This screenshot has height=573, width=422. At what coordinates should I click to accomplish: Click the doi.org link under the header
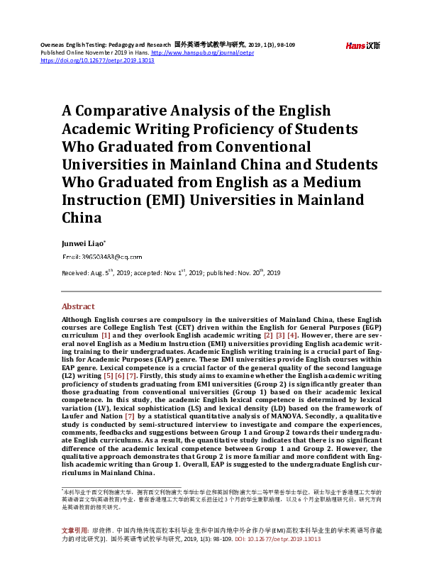coord(97,60)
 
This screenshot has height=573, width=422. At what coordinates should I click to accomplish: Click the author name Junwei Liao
coord(84,243)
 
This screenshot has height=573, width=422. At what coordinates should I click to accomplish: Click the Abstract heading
coord(78,306)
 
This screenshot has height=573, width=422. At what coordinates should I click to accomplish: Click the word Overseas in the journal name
coord(55,45)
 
